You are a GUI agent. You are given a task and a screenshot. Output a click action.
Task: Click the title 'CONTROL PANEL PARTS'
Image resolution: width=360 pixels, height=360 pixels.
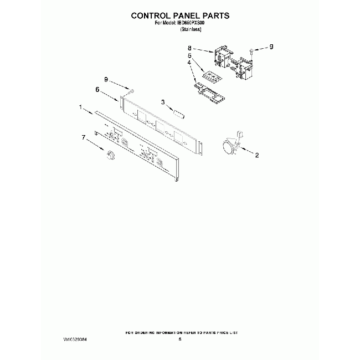coord(180,16)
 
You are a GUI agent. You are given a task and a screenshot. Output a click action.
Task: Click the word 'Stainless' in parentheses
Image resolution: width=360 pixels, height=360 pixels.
coord(191,29)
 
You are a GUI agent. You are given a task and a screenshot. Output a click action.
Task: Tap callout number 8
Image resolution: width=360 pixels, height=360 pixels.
coord(189,48)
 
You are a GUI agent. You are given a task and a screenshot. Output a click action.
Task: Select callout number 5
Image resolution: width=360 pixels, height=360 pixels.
coord(189,55)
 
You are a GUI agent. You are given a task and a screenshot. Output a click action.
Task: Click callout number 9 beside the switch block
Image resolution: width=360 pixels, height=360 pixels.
coord(271,48)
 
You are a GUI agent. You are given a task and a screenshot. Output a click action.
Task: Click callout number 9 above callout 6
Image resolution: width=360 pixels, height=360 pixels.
coord(106,80)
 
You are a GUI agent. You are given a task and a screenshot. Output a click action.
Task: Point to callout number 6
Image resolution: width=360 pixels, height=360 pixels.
coord(97,89)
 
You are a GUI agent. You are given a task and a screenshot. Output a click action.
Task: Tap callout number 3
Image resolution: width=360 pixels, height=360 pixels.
coord(163,102)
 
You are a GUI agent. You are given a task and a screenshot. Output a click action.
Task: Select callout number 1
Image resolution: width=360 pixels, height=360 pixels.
coord(80,106)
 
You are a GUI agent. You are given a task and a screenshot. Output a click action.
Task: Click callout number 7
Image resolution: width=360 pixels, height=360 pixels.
coord(84,137)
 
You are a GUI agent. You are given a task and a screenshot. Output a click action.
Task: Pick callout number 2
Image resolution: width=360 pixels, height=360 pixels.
coord(257,155)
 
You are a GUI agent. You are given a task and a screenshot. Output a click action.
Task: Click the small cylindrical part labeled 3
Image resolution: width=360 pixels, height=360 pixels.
coord(179,114)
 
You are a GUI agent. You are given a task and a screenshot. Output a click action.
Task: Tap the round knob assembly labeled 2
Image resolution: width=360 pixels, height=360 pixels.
coord(227,146)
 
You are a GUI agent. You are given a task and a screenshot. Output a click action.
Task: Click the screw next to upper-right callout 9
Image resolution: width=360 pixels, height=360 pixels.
coord(252,53)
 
